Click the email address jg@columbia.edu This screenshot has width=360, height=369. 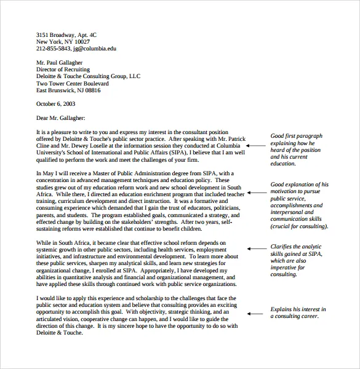tap(94, 48)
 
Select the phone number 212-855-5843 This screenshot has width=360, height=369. tap(53, 48)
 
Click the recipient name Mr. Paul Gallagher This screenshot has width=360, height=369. tap(59, 62)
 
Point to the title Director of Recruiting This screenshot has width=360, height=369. tap(64, 69)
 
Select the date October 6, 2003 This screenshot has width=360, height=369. tap(57, 103)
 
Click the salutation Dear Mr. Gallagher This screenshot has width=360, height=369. tap(60, 117)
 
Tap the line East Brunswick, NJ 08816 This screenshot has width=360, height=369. tap(68, 90)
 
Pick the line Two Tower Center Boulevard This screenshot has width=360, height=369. tap(73, 83)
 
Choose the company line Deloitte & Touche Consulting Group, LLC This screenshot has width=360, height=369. tap(89, 76)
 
